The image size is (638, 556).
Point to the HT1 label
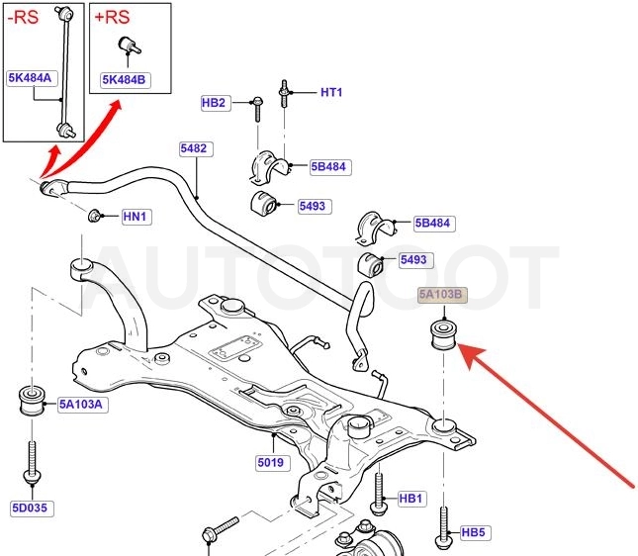click(x=331, y=92)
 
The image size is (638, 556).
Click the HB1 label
click(x=411, y=499)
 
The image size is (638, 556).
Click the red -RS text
click(x=23, y=18)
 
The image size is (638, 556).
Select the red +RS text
click(x=113, y=18)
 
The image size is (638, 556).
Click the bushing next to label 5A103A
click(x=33, y=402)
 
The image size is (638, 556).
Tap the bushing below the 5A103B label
click(x=444, y=334)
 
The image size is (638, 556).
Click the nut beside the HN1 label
click(x=94, y=216)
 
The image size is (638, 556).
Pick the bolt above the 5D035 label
click(x=32, y=463)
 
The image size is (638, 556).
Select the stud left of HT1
click(x=284, y=94)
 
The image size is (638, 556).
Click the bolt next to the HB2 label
click(x=257, y=109)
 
